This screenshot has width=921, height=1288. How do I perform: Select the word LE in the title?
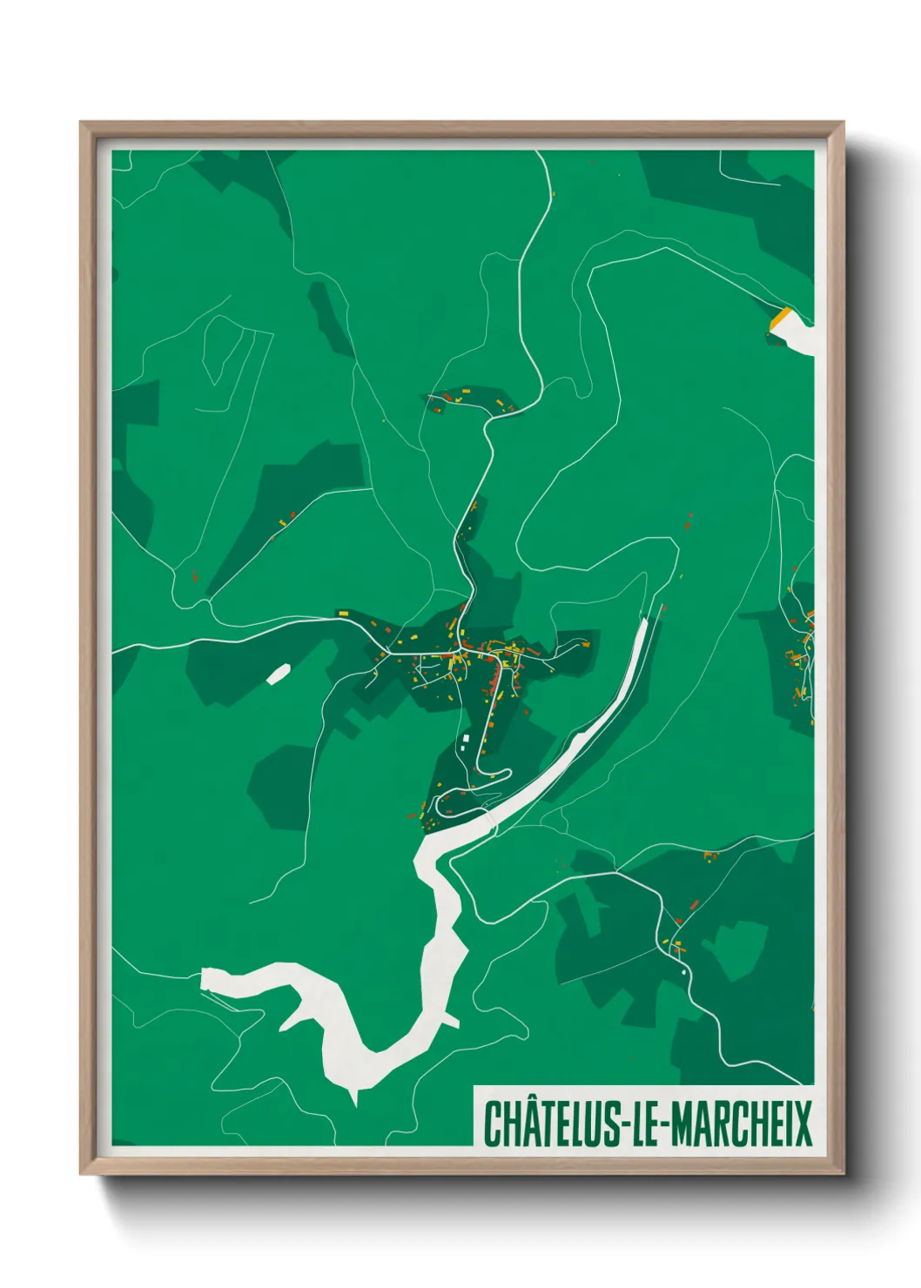tap(644, 1124)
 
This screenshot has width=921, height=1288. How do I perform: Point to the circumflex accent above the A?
tap(527, 1100)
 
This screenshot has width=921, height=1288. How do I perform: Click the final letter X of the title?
tap(803, 1124)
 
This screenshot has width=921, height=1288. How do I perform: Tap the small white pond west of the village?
tap(278, 674)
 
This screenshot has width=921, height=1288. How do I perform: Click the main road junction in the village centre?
tap(459, 650)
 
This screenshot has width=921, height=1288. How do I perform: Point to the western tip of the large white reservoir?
tap(205, 977)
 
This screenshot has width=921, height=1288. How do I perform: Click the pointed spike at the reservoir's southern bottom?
tap(354, 1101)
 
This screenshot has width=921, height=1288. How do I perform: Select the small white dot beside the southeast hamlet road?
tap(684, 971)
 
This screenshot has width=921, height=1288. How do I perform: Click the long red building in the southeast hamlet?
tap(694, 905)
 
